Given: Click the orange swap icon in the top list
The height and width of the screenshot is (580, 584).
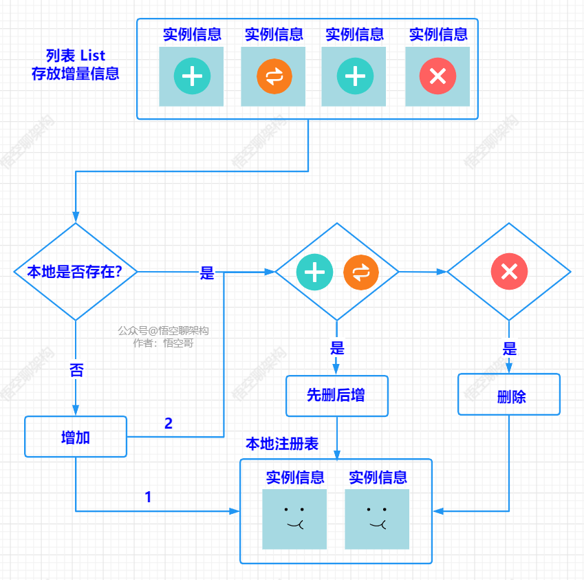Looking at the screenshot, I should click(274, 76).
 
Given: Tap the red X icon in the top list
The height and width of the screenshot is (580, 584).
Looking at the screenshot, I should click(437, 76).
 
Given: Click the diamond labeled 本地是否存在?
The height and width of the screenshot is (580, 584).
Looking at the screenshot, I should click(75, 272).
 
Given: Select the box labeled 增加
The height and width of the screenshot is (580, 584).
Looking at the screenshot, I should click(76, 437).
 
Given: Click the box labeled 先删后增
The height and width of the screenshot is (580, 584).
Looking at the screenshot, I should click(337, 396).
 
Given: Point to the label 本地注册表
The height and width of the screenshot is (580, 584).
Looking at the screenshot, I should click(282, 444).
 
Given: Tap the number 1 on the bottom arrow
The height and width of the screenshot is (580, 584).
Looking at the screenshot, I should click(148, 497).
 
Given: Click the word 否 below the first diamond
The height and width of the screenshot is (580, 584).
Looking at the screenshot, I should click(76, 370).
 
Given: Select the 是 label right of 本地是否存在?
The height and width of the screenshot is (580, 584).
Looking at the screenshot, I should click(207, 273).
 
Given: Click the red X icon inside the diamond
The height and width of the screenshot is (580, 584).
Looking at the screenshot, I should click(509, 271).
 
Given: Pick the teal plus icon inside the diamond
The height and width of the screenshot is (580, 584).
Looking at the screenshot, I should click(314, 272).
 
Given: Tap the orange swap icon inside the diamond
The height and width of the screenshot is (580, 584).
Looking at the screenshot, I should click(360, 272).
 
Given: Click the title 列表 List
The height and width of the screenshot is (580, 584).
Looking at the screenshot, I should click(76, 56).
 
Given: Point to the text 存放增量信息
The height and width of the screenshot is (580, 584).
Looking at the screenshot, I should click(76, 74).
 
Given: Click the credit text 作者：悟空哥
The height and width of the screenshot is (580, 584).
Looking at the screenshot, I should click(163, 343).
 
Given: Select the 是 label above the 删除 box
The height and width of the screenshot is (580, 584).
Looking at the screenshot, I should click(510, 348).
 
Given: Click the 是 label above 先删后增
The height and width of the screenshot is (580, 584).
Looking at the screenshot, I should click(337, 348).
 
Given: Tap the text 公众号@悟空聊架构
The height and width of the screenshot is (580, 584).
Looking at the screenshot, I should click(163, 330).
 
